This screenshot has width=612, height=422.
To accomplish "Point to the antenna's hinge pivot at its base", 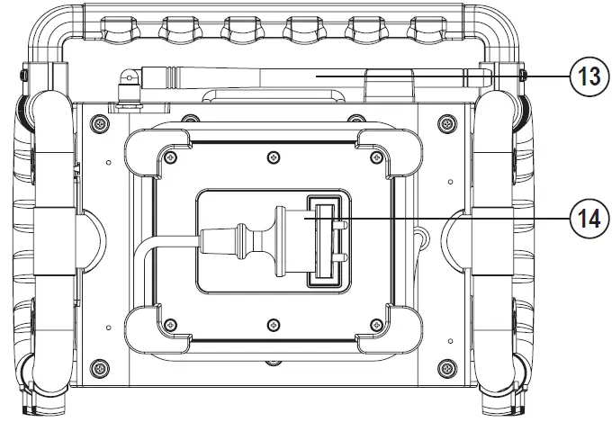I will tap(130, 80).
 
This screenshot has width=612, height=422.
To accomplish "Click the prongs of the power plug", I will tap(335, 243).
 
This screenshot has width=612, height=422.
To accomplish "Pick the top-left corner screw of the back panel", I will tap(101, 120).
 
